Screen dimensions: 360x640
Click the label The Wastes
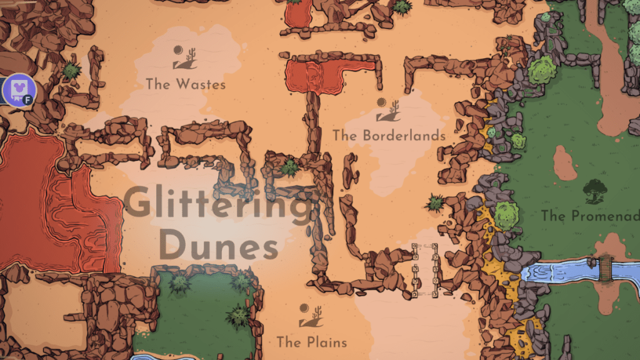pyautogui.click(x=186, y=83)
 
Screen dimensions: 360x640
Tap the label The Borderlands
pyautogui.click(x=389, y=135)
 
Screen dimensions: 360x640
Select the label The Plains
pyautogui.click(x=311, y=342)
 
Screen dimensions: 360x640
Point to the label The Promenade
pyautogui.click(x=589, y=216)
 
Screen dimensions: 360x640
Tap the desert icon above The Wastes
pyautogui.click(x=185, y=57)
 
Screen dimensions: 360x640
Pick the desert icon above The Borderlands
pyautogui.click(x=388, y=110)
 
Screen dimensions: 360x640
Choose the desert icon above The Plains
pyautogui.click(x=311, y=316)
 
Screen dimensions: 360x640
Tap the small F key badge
pyautogui.click(x=30, y=101)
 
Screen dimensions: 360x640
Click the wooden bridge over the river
pyautogui.click(x=604, y=267)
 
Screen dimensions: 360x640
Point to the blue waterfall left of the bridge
pyautogui.click(x=550, y=272)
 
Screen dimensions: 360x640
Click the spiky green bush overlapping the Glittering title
pyautogui.click(x=289, y=167)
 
